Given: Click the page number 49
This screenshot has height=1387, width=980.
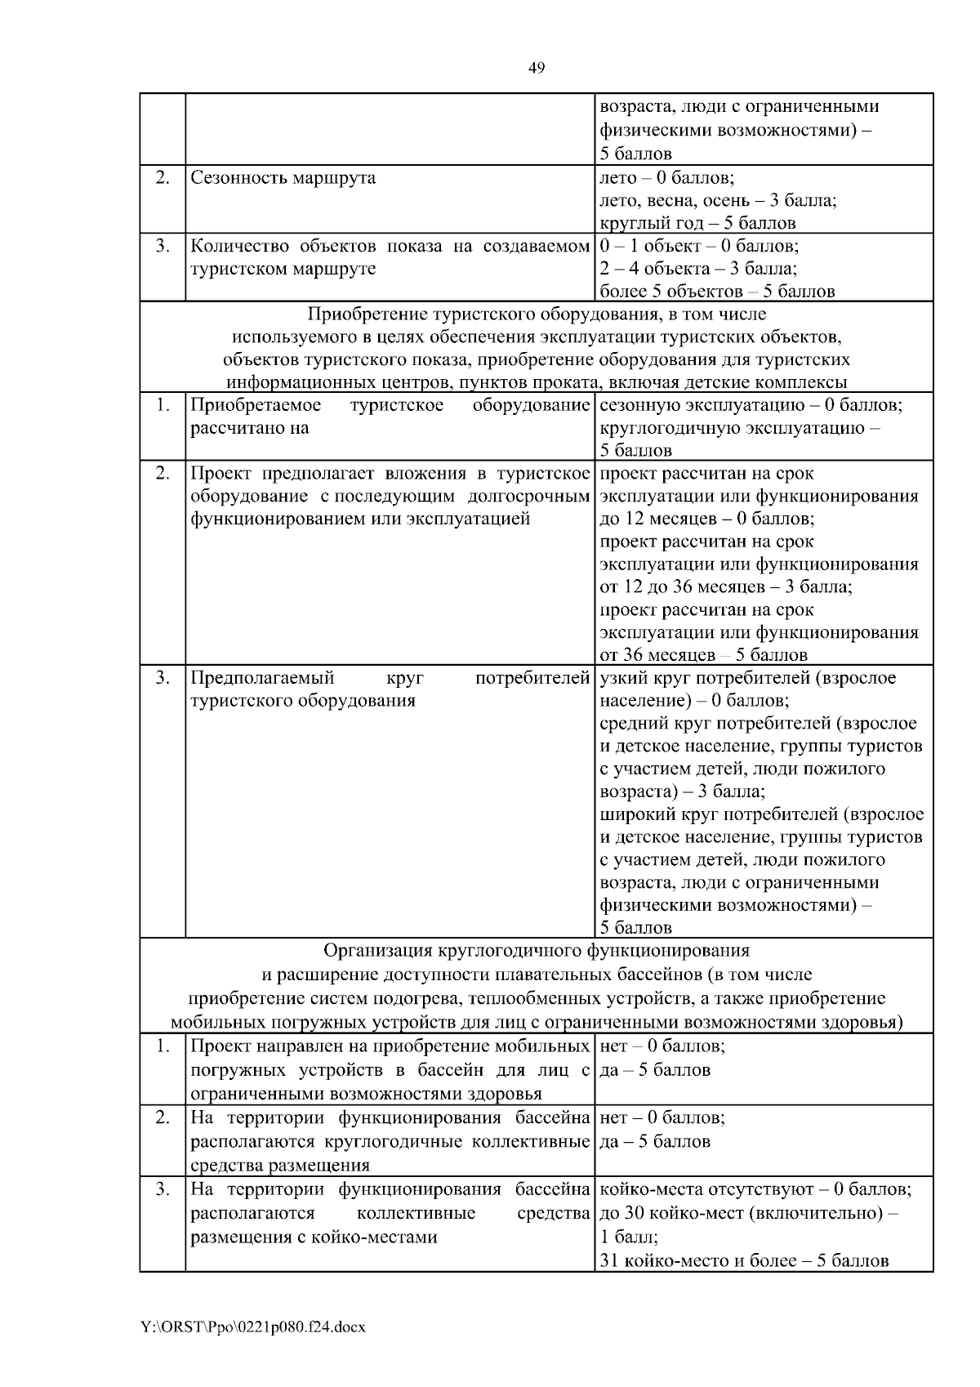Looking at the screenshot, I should coord(537,68).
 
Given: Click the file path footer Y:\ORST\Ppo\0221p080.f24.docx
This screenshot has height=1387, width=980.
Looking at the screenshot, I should coord(254,1327).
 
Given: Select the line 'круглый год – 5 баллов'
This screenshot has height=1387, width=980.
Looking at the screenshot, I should coord(697,223).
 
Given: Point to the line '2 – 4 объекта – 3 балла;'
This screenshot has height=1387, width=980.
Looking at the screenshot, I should coord(698,269).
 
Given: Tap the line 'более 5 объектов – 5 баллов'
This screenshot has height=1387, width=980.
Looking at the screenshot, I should coord(717,292).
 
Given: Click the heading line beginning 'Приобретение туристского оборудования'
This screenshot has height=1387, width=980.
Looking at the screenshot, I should coord(537,314).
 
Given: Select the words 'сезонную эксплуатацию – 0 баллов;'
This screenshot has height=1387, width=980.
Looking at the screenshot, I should coord(751,405).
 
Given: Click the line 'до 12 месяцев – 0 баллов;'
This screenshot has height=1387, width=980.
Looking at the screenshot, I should coord(706,519).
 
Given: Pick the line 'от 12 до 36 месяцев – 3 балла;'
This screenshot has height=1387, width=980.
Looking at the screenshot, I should coord(726,586).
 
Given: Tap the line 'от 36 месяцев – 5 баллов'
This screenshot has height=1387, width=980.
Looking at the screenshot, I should coord(703,655).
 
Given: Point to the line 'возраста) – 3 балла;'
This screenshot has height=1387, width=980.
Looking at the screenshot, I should coord(682,792).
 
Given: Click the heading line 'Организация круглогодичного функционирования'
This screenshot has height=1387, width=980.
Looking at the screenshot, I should coord(537,951).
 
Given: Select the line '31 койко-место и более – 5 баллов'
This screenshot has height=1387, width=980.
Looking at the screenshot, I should coord(744,1260).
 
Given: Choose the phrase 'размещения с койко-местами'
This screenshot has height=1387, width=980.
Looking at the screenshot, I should coord(314,1237).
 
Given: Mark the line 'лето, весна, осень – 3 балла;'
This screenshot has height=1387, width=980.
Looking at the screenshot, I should coord(718,200).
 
